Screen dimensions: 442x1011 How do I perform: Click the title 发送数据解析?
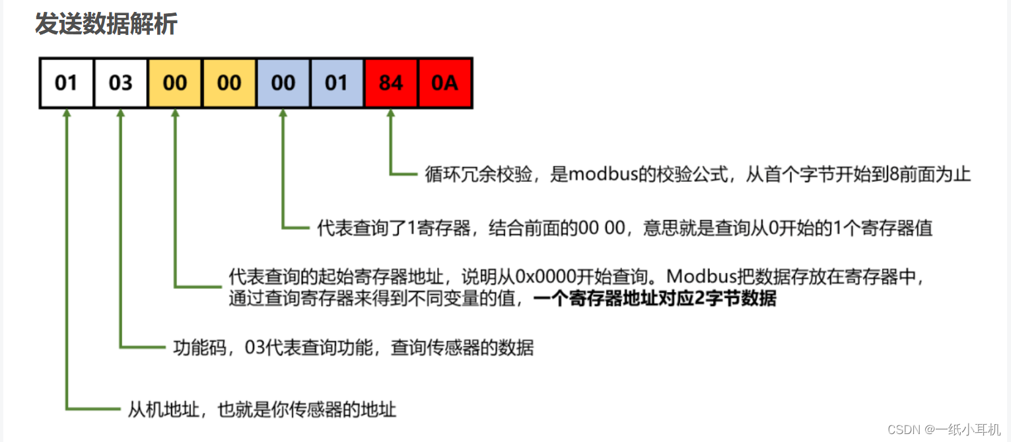pyautogui.click(x=106, y=25)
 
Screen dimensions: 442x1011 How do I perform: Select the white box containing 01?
pyautogui.click(x=66, y=83)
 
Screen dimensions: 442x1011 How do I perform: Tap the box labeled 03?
pyautogui.click(x=120, y=83)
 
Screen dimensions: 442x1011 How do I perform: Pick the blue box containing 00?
pyautogui.click(x=283, y=83)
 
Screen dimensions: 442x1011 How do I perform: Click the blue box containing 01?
pyautogui.click(x=337, y=83)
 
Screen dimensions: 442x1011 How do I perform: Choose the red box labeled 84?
pyautogui.click(x=391, y=83)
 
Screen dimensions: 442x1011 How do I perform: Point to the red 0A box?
pyautogui.click(x=444, y=83)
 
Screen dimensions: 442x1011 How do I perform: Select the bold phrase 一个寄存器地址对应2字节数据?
pyautogui.click(x=654, y=299)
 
